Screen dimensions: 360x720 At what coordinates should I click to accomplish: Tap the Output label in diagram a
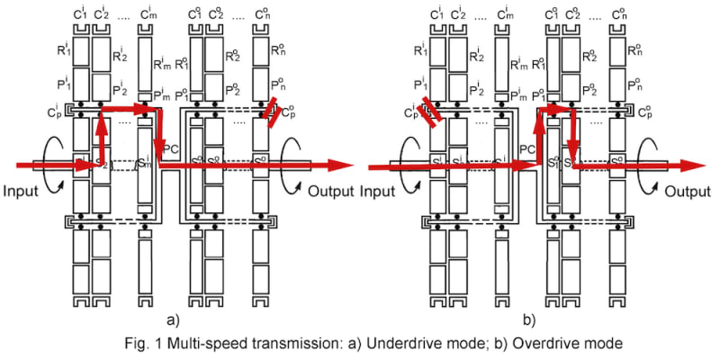coord(333,191)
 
